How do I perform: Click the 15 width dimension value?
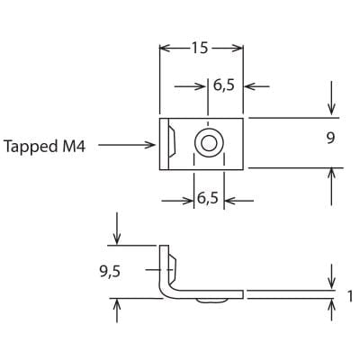201,48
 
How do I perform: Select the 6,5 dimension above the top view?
222,86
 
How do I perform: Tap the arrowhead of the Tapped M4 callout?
152,144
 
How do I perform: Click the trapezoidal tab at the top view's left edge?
169,143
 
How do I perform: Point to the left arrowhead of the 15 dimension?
165,48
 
